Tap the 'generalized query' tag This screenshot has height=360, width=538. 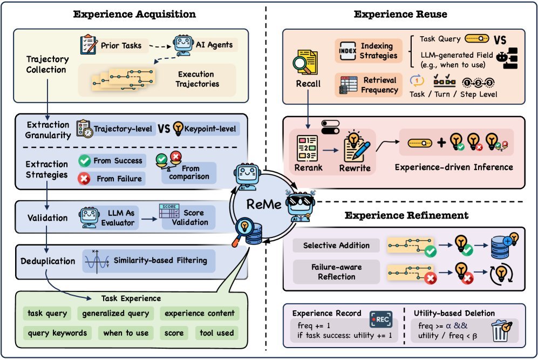(x=115, y=313)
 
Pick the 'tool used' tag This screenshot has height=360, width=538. (x=217, y=333)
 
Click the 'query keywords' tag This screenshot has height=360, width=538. (x=57, y=333)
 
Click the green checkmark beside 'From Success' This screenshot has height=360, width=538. (x=84, y=160)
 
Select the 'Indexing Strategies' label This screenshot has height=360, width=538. (x=378, y=50)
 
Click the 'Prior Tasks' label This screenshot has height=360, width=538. (x=121, y=45)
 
